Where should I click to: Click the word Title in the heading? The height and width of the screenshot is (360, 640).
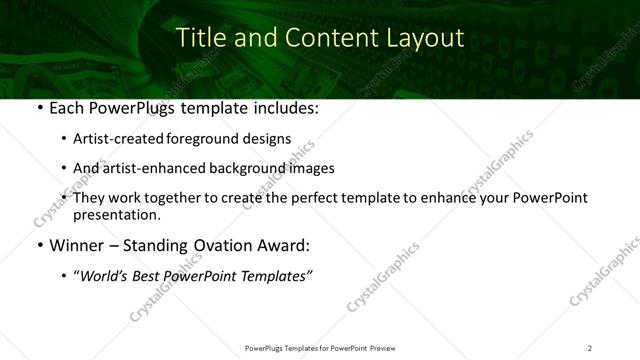tap(198, 38)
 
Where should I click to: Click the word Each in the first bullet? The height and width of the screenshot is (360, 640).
tap(66, 108)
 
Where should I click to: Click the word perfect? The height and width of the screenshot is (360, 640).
tap(307, 198)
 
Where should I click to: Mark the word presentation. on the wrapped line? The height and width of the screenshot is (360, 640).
tap(116, 214)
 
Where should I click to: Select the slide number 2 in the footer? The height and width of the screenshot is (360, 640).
tap(589, 348)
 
